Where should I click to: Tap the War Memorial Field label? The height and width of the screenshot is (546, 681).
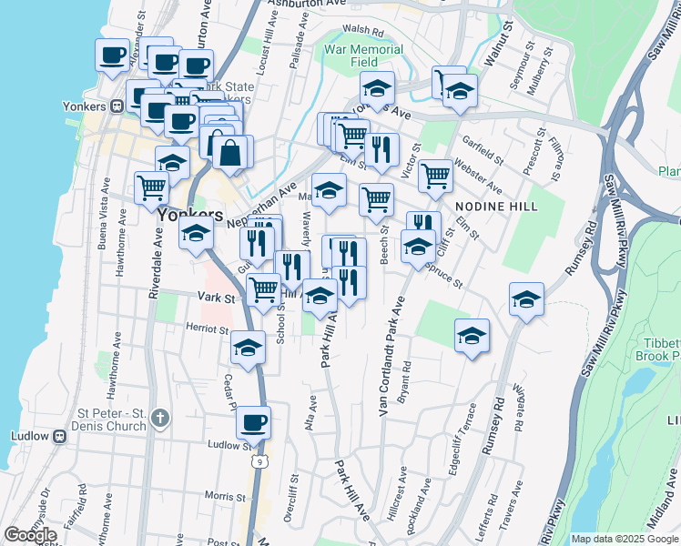(x=363, y=56)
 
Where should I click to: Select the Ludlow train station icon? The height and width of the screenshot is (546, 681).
(x=61, y=436)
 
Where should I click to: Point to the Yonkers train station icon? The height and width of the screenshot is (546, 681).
(x=117, y=106)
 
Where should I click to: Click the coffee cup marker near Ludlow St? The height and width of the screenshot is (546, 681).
(x=254, y=422)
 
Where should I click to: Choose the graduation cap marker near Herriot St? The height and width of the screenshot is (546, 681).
(x=248, y=347)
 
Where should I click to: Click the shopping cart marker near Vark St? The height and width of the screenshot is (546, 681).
(x=264, y=290)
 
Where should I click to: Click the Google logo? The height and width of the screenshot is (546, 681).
(x=30, y=535)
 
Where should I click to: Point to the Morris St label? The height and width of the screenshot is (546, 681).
(x=225, y=496)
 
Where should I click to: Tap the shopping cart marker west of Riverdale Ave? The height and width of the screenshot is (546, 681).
(x=151, y=187)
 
